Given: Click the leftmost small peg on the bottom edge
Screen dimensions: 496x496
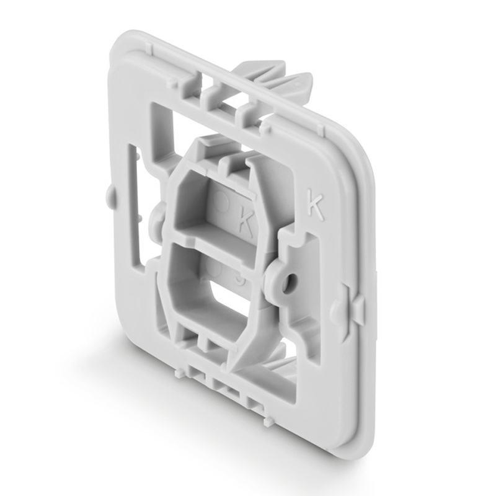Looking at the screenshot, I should [x=180, y=371].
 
